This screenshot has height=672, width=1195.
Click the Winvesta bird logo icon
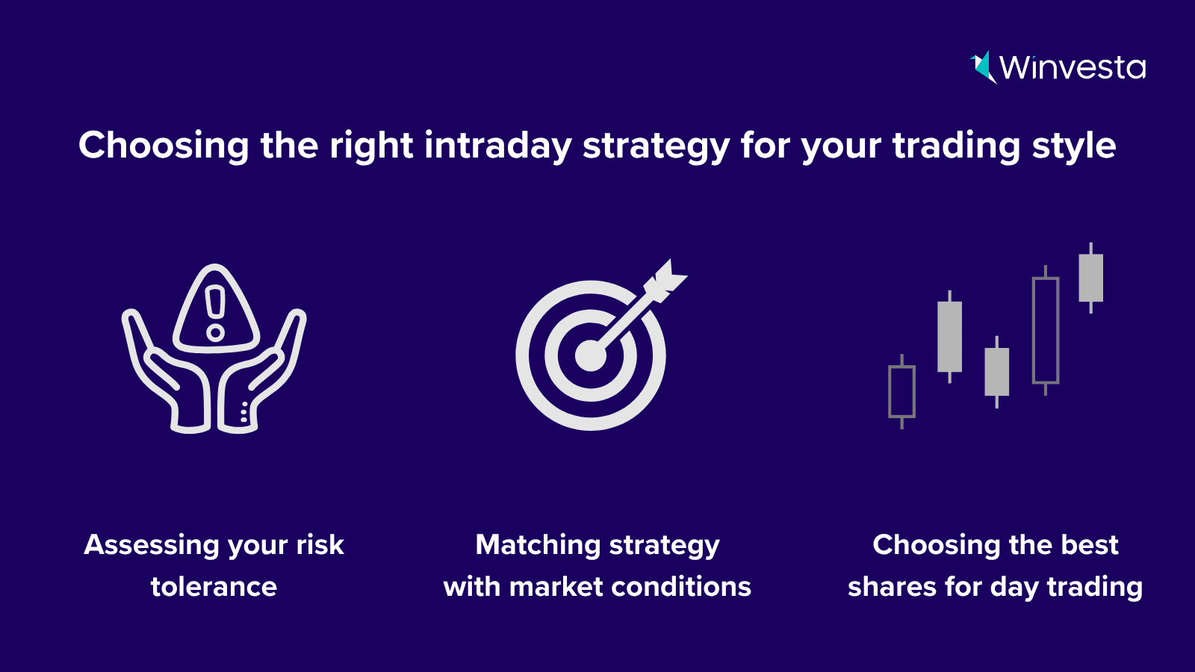(x=983, y=67)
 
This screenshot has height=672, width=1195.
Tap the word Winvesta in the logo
(x=1073, y=68)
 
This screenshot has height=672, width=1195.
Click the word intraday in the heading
(x=497, y=145)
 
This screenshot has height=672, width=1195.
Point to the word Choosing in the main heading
(x=164, y=146)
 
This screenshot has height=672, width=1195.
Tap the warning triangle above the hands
(x=216, y=308)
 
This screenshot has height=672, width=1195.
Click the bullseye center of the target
(x=591, y=355)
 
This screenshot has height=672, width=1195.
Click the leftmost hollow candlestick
(x=901, y=391)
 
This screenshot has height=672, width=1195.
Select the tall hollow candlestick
(x=1045, y=330)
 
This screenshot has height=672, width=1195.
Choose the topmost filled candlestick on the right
(x=1090, y=278)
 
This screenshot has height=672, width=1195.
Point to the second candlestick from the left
(x=949, y=337)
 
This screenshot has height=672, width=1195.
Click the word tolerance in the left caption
(x=214, y=587)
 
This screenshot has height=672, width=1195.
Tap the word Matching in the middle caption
(x=537, y=546)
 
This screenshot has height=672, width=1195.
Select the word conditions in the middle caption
(x=680, y=587)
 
